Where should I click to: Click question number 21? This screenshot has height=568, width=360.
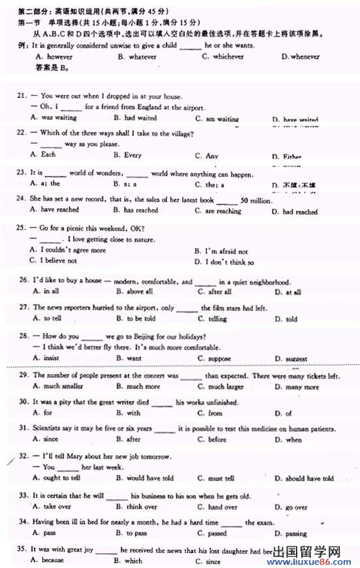click(x=22, y=95)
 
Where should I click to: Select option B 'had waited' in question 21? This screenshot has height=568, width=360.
click(x=140, y=118)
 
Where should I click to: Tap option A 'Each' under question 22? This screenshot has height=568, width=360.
click(x=48, y=155)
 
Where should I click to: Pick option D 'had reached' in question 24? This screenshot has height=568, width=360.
click(x=300, y=212)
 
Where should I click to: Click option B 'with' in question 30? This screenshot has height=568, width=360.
click(x=133, y=413)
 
